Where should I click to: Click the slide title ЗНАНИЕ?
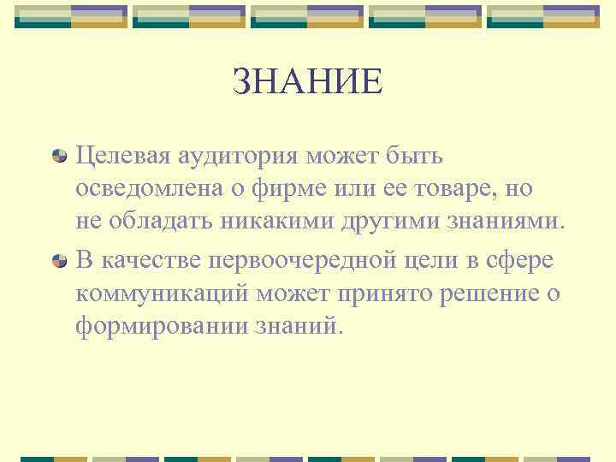click(308, 82)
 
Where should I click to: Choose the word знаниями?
click(513, 223)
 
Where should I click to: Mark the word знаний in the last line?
click(298, 326)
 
